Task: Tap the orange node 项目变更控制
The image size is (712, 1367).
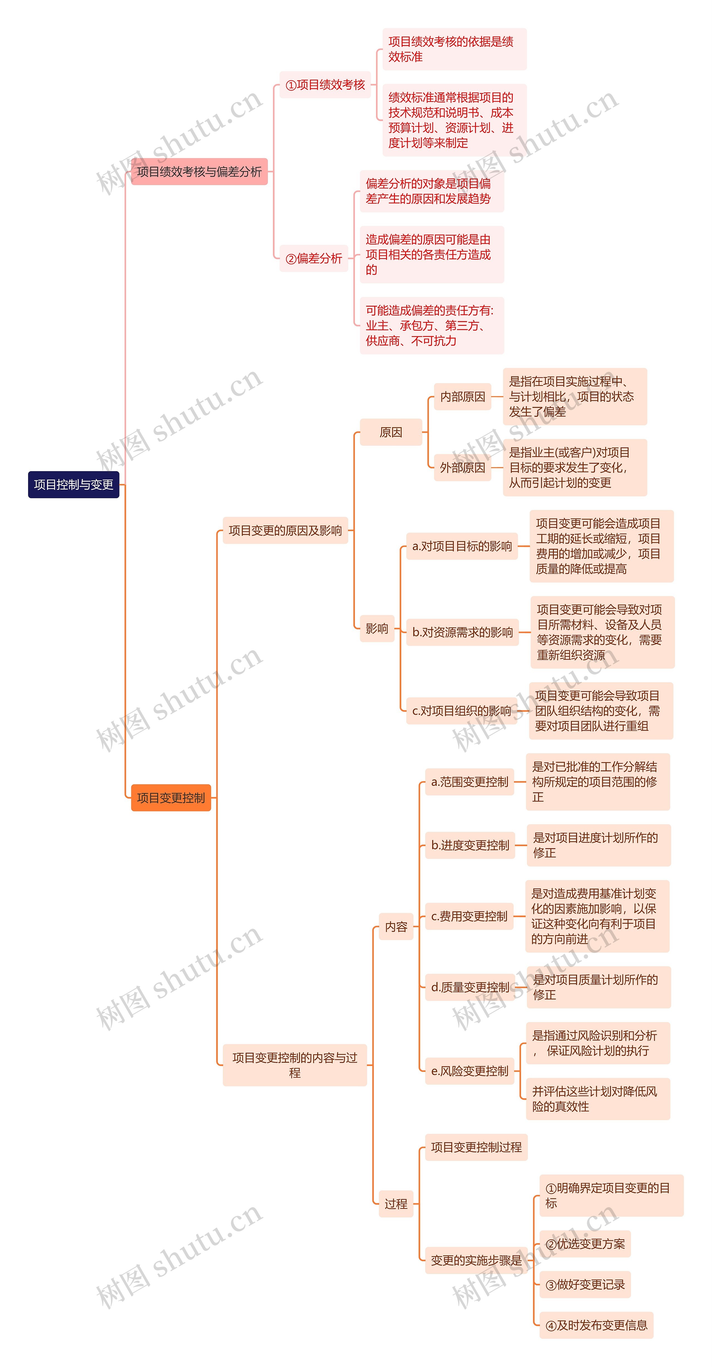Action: tap(171, 798)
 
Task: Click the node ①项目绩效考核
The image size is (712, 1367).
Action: tap(325, 85)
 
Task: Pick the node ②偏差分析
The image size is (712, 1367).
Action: tap(314, 258)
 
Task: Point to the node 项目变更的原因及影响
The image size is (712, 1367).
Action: tap(285, 530)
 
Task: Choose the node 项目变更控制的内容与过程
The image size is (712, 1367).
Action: tap(295, 1065)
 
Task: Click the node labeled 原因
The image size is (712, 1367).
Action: tap(391, 432)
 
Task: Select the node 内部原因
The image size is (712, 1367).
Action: tap(462, 397)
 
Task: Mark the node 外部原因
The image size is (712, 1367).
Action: tap(462, 468)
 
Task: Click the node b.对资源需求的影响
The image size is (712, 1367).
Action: tap(462, 632)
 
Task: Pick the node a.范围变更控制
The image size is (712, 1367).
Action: tap(470, 782)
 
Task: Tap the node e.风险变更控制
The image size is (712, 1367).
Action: tap(470, 1071)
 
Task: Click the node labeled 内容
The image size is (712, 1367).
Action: tap(396, 926)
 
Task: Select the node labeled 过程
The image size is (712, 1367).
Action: tap(396, 1204)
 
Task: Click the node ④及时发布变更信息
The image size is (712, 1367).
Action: tap(596, 1325)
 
